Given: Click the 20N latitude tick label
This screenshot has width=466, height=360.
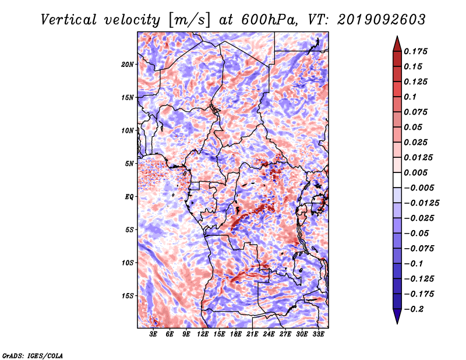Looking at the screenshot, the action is (128, 65).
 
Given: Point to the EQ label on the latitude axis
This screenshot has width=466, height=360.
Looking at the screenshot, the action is (129, 197).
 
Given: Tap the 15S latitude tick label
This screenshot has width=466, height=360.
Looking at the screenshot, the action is (128, 296).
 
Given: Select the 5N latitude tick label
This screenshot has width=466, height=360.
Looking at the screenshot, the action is (129, 164).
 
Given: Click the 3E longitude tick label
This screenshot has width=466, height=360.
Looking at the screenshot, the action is (153, 334).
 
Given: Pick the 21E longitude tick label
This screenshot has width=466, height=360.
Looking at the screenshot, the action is (252, 334).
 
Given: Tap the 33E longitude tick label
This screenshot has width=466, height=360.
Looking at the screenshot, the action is (318, 334).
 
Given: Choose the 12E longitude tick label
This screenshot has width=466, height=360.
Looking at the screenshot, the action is (203, 334).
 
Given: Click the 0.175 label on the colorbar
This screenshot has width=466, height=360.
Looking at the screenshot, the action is (415, 51).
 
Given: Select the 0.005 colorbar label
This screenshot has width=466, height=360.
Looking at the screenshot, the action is (415, 172).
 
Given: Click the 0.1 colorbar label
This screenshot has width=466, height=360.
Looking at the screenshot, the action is (410, 97).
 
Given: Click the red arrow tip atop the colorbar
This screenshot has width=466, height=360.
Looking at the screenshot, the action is (397, 36).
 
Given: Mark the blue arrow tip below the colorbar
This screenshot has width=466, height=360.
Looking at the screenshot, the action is (397, 323).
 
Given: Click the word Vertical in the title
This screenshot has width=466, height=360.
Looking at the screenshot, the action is (69, 20).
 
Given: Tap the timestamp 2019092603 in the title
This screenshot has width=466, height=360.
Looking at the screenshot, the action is (382, 20).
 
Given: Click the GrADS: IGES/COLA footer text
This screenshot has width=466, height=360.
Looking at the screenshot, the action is (33, 356).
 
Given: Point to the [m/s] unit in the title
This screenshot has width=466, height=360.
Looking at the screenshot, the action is (189, 20).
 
